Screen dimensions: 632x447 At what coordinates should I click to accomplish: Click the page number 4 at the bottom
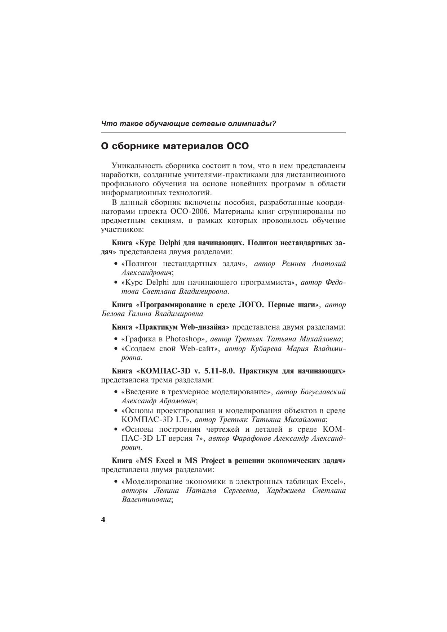tap(103, 520)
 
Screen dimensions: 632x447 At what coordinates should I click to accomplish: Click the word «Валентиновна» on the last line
tap(146, 500)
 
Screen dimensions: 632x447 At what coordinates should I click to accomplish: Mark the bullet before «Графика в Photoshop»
tap(115, 339)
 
